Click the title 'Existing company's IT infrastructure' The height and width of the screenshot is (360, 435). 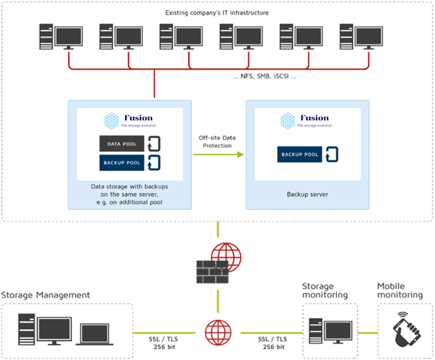(217, 12)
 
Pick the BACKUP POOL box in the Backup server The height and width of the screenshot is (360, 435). (299, 155)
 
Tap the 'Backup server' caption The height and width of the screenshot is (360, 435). (307, 193)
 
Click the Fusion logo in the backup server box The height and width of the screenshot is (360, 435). (306, 120)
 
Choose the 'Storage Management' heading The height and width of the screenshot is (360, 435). (46, 295)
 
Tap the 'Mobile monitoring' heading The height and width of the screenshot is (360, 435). (399, 291)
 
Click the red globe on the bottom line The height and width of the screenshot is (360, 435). (217, 332)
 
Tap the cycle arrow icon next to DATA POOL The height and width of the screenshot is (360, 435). (153, 144)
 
